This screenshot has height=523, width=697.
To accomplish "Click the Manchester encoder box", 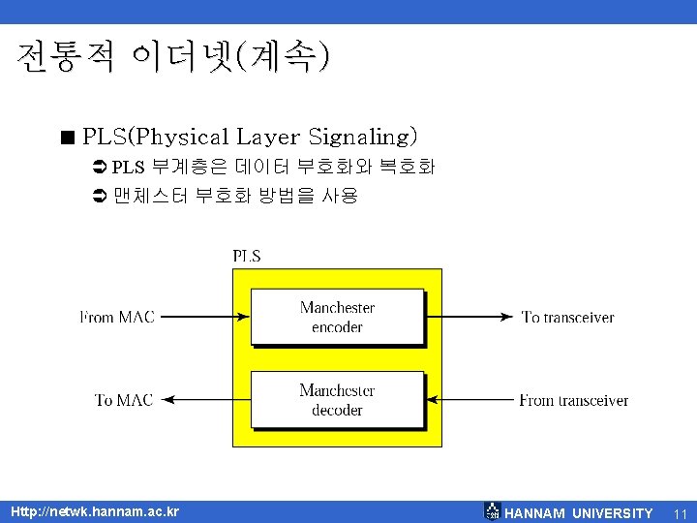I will coord(337,317).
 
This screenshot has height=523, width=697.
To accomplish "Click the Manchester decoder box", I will coord(337,400).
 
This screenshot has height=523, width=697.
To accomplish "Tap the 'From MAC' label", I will coord(116,317).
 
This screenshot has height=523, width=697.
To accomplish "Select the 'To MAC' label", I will coord(124,400).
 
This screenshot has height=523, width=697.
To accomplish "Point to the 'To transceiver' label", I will coord(567,317).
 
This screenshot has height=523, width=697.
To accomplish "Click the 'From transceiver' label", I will coord(573,400).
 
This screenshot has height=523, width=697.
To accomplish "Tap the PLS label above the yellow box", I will coord(246,257).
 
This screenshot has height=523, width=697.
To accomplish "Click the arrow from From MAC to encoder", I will coord(202,317).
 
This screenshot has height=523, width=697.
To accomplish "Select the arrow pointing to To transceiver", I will coord(469,317).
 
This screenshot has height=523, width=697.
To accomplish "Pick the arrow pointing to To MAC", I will coord(202,400).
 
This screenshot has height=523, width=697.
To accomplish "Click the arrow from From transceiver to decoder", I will coord(469,400).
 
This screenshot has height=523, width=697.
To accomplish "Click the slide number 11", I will coord(679,512).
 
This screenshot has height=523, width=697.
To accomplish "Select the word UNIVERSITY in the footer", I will coord(612,512).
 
